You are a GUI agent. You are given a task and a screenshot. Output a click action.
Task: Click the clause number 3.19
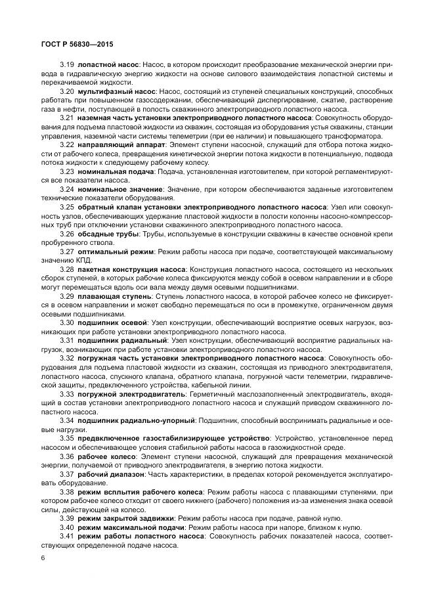tap(66, 67)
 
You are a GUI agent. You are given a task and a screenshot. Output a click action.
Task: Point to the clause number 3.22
tap(67, 144)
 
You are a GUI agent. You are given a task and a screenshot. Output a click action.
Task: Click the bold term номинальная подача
tap(116, 169)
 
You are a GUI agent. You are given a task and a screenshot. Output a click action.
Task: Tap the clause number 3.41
tap(67, 537)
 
